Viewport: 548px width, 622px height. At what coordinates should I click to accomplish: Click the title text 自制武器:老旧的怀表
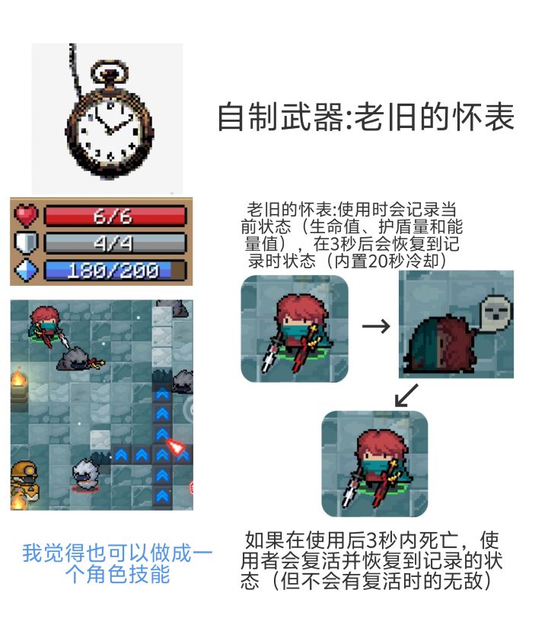366,117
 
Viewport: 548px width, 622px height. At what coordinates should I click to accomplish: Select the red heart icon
26,215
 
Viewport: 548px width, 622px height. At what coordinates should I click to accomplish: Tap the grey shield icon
26,242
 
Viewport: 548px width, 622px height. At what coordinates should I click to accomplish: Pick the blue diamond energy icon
26,270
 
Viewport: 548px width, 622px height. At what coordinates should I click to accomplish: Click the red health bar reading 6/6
115,216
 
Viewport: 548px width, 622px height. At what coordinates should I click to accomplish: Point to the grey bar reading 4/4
115,242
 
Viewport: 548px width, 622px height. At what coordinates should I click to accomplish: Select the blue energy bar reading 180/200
115,271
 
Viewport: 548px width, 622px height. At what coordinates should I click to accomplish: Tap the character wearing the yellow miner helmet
24,480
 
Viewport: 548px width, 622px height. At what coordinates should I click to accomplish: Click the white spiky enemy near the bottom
85,474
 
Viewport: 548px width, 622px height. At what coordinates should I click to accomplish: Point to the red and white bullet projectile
176,447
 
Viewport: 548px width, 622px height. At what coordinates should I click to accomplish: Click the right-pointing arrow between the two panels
376,326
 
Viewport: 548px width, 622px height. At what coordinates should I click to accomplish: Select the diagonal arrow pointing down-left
406,395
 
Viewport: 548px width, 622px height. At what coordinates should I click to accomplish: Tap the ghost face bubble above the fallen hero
496,309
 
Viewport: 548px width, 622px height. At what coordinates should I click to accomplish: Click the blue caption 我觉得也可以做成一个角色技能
117,563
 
